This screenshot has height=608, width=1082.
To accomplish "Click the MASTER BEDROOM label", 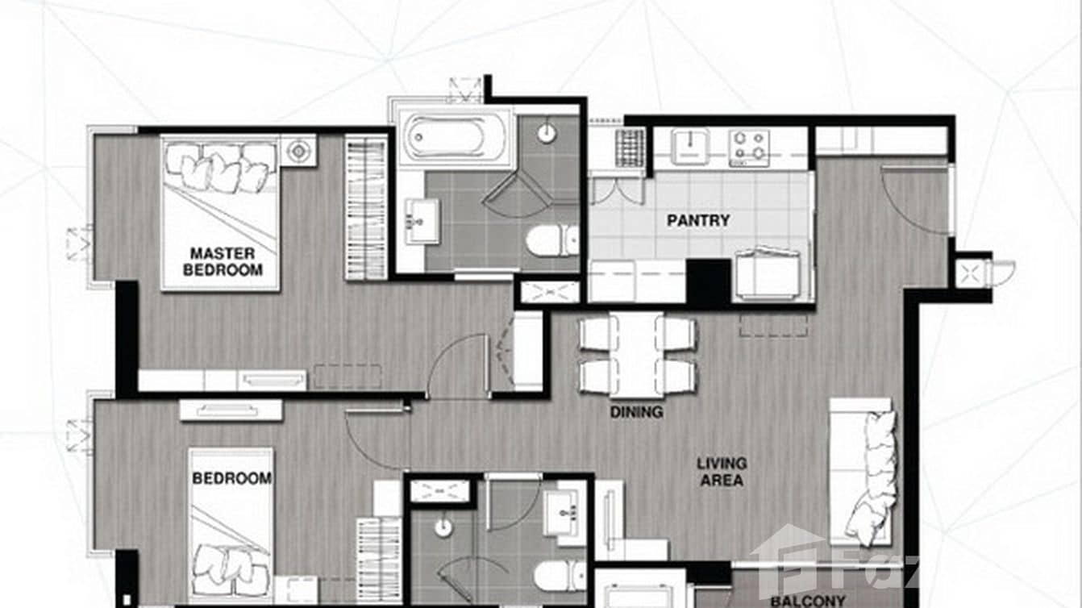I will tap(223, 261).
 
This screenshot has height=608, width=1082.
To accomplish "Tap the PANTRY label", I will tap(698, 220).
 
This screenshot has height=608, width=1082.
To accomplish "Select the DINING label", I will tap(636, 412).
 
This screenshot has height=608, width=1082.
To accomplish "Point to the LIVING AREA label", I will tap(722, 472).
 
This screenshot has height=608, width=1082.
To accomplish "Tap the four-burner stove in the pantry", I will tap(749, 148).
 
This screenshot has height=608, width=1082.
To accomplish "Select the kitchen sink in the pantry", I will tap(691, 146).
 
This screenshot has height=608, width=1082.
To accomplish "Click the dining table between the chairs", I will tap(637, 353).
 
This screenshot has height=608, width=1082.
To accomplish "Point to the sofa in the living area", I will tap(863, 472).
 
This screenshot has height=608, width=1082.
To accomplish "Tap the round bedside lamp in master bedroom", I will tap(298, 150).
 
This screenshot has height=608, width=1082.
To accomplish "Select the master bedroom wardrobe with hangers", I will tap(366, 208).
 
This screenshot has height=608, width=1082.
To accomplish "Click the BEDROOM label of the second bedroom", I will tap(231, 478).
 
